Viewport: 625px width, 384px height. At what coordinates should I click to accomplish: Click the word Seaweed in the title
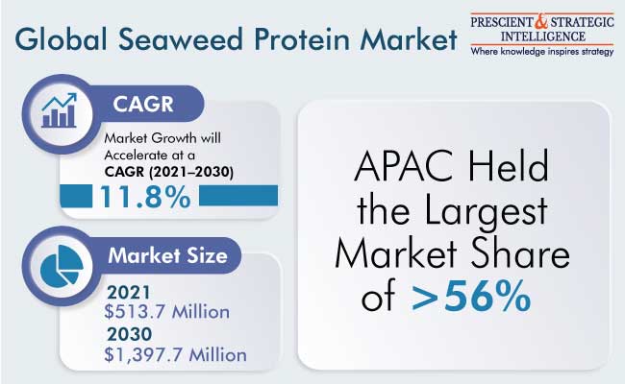(181, 39)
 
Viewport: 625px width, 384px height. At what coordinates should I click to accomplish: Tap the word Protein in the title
(303, 39)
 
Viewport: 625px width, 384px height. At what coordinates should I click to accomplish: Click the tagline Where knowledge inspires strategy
(542, 52)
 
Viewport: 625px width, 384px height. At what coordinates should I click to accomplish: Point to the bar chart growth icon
(59, 110)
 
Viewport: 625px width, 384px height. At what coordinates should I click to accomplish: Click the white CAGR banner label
(143, 105)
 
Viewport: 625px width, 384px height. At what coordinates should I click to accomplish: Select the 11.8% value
(145, 197)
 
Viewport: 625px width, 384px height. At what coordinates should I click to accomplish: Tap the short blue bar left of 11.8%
(76, 196)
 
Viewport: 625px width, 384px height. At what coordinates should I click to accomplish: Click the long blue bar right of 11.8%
(238, 196)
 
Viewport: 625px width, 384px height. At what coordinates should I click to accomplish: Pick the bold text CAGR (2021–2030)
(169, 172)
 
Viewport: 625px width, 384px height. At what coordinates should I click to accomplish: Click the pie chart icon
(62, 265)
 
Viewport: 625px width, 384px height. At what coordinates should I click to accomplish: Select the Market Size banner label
(168, 255)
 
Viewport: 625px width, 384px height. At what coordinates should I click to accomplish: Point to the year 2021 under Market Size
(129, 293)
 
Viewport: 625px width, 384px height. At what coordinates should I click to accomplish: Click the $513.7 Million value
(167, 312)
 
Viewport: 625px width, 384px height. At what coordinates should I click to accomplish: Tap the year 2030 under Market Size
(129, 334)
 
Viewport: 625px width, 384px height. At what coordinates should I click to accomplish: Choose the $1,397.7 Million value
(175, 354)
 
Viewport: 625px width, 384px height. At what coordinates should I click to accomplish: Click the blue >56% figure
(471, 296)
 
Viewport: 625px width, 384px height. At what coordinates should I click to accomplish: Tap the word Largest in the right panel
(486, 211)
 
